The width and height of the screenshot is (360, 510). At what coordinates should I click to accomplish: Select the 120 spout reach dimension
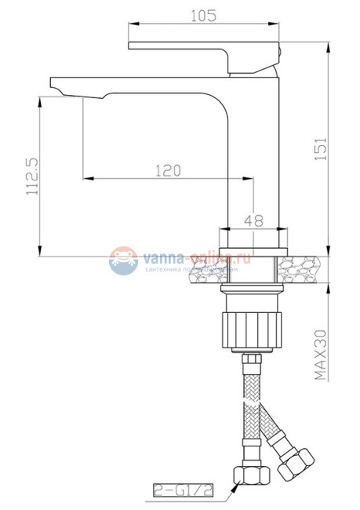[x=167, y=169]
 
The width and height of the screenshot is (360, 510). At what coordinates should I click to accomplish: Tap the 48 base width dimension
[x=253, y=220]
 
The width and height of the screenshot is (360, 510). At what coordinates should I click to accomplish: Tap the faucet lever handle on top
[x=204, y=49]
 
